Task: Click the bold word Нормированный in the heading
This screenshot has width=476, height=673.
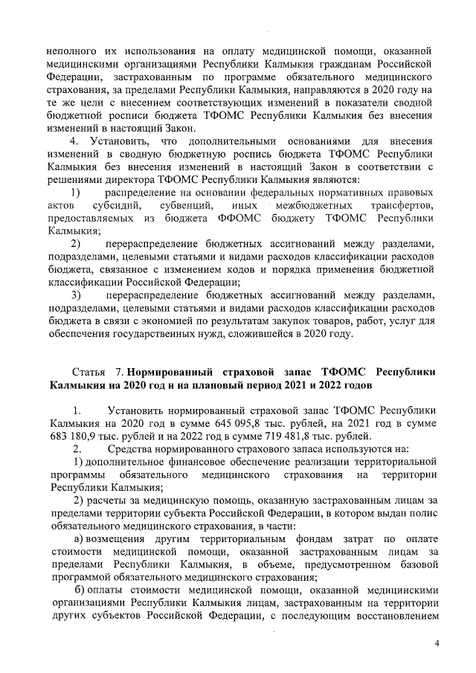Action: coord(174,370)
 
